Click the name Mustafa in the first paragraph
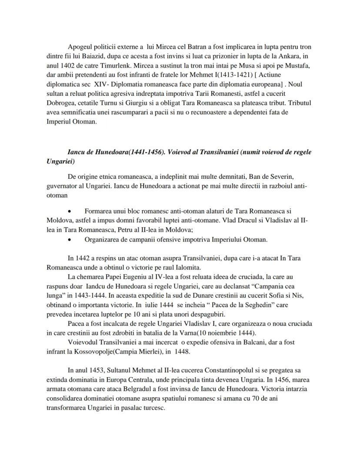coord(300,66)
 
